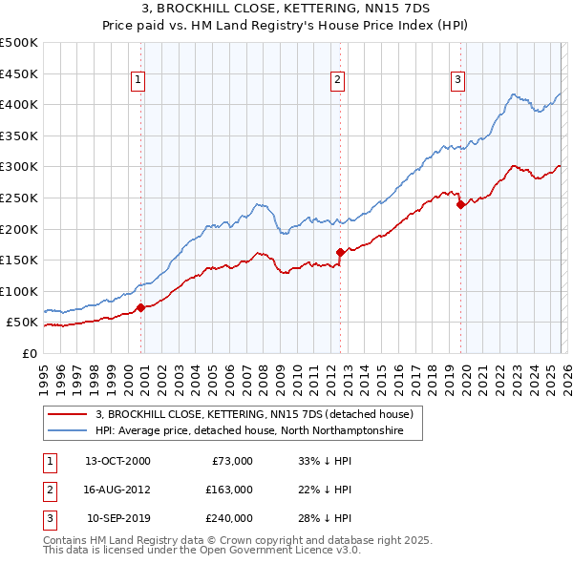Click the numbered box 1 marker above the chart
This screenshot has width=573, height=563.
[x=139, y=80]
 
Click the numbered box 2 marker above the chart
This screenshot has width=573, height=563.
[x=338, y=80]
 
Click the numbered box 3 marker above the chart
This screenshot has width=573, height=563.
[x=457, y=80]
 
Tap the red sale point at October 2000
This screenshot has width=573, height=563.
[x=141, y=307]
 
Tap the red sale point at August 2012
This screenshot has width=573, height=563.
[x=340, y=252]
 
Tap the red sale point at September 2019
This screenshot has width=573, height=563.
[x=460, y=203]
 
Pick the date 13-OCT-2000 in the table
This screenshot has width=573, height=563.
[x=117, y=461]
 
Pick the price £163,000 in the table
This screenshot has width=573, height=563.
[x=229, y=490]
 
